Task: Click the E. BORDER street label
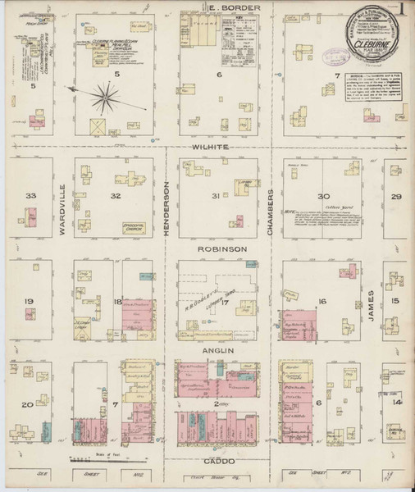pyautogui.click(x=222, y=7)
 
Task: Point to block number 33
pyautogui.click(x=32, y=196)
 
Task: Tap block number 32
pyautogui.click(x=117, y=196)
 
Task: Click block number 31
pyautogui.click(x=216, y=196)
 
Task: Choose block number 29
pyautogui.click(x=398, y=197)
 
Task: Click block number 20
pyautogui.click(x=27, y=404)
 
